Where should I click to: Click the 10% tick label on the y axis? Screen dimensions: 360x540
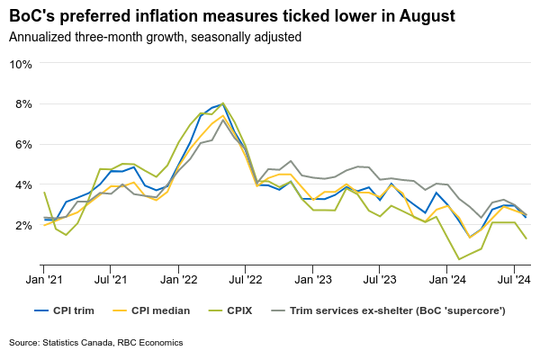coord(21,64)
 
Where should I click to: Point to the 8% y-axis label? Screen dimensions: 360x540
coord(23,104)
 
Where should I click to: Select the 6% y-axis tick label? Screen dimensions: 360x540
coord(23,144)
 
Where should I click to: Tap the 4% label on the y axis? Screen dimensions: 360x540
coord(23,184)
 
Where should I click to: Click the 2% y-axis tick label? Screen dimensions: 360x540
coord(23,225)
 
